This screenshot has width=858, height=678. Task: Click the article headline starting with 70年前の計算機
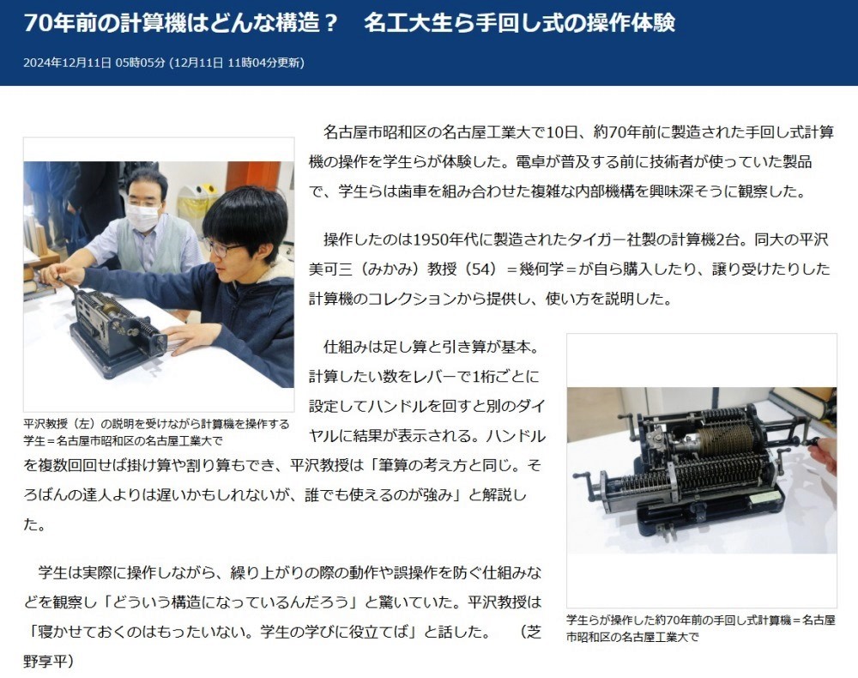pos(349,23)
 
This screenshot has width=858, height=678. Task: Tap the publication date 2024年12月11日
pos(67,63)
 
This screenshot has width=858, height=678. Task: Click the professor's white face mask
pos(144,215)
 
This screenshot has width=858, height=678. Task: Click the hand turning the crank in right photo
pos(824,454)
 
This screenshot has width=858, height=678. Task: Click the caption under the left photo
pos(156,433)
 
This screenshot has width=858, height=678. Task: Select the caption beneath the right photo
pos(701,628)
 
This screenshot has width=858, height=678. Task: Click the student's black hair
pos(245,215)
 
